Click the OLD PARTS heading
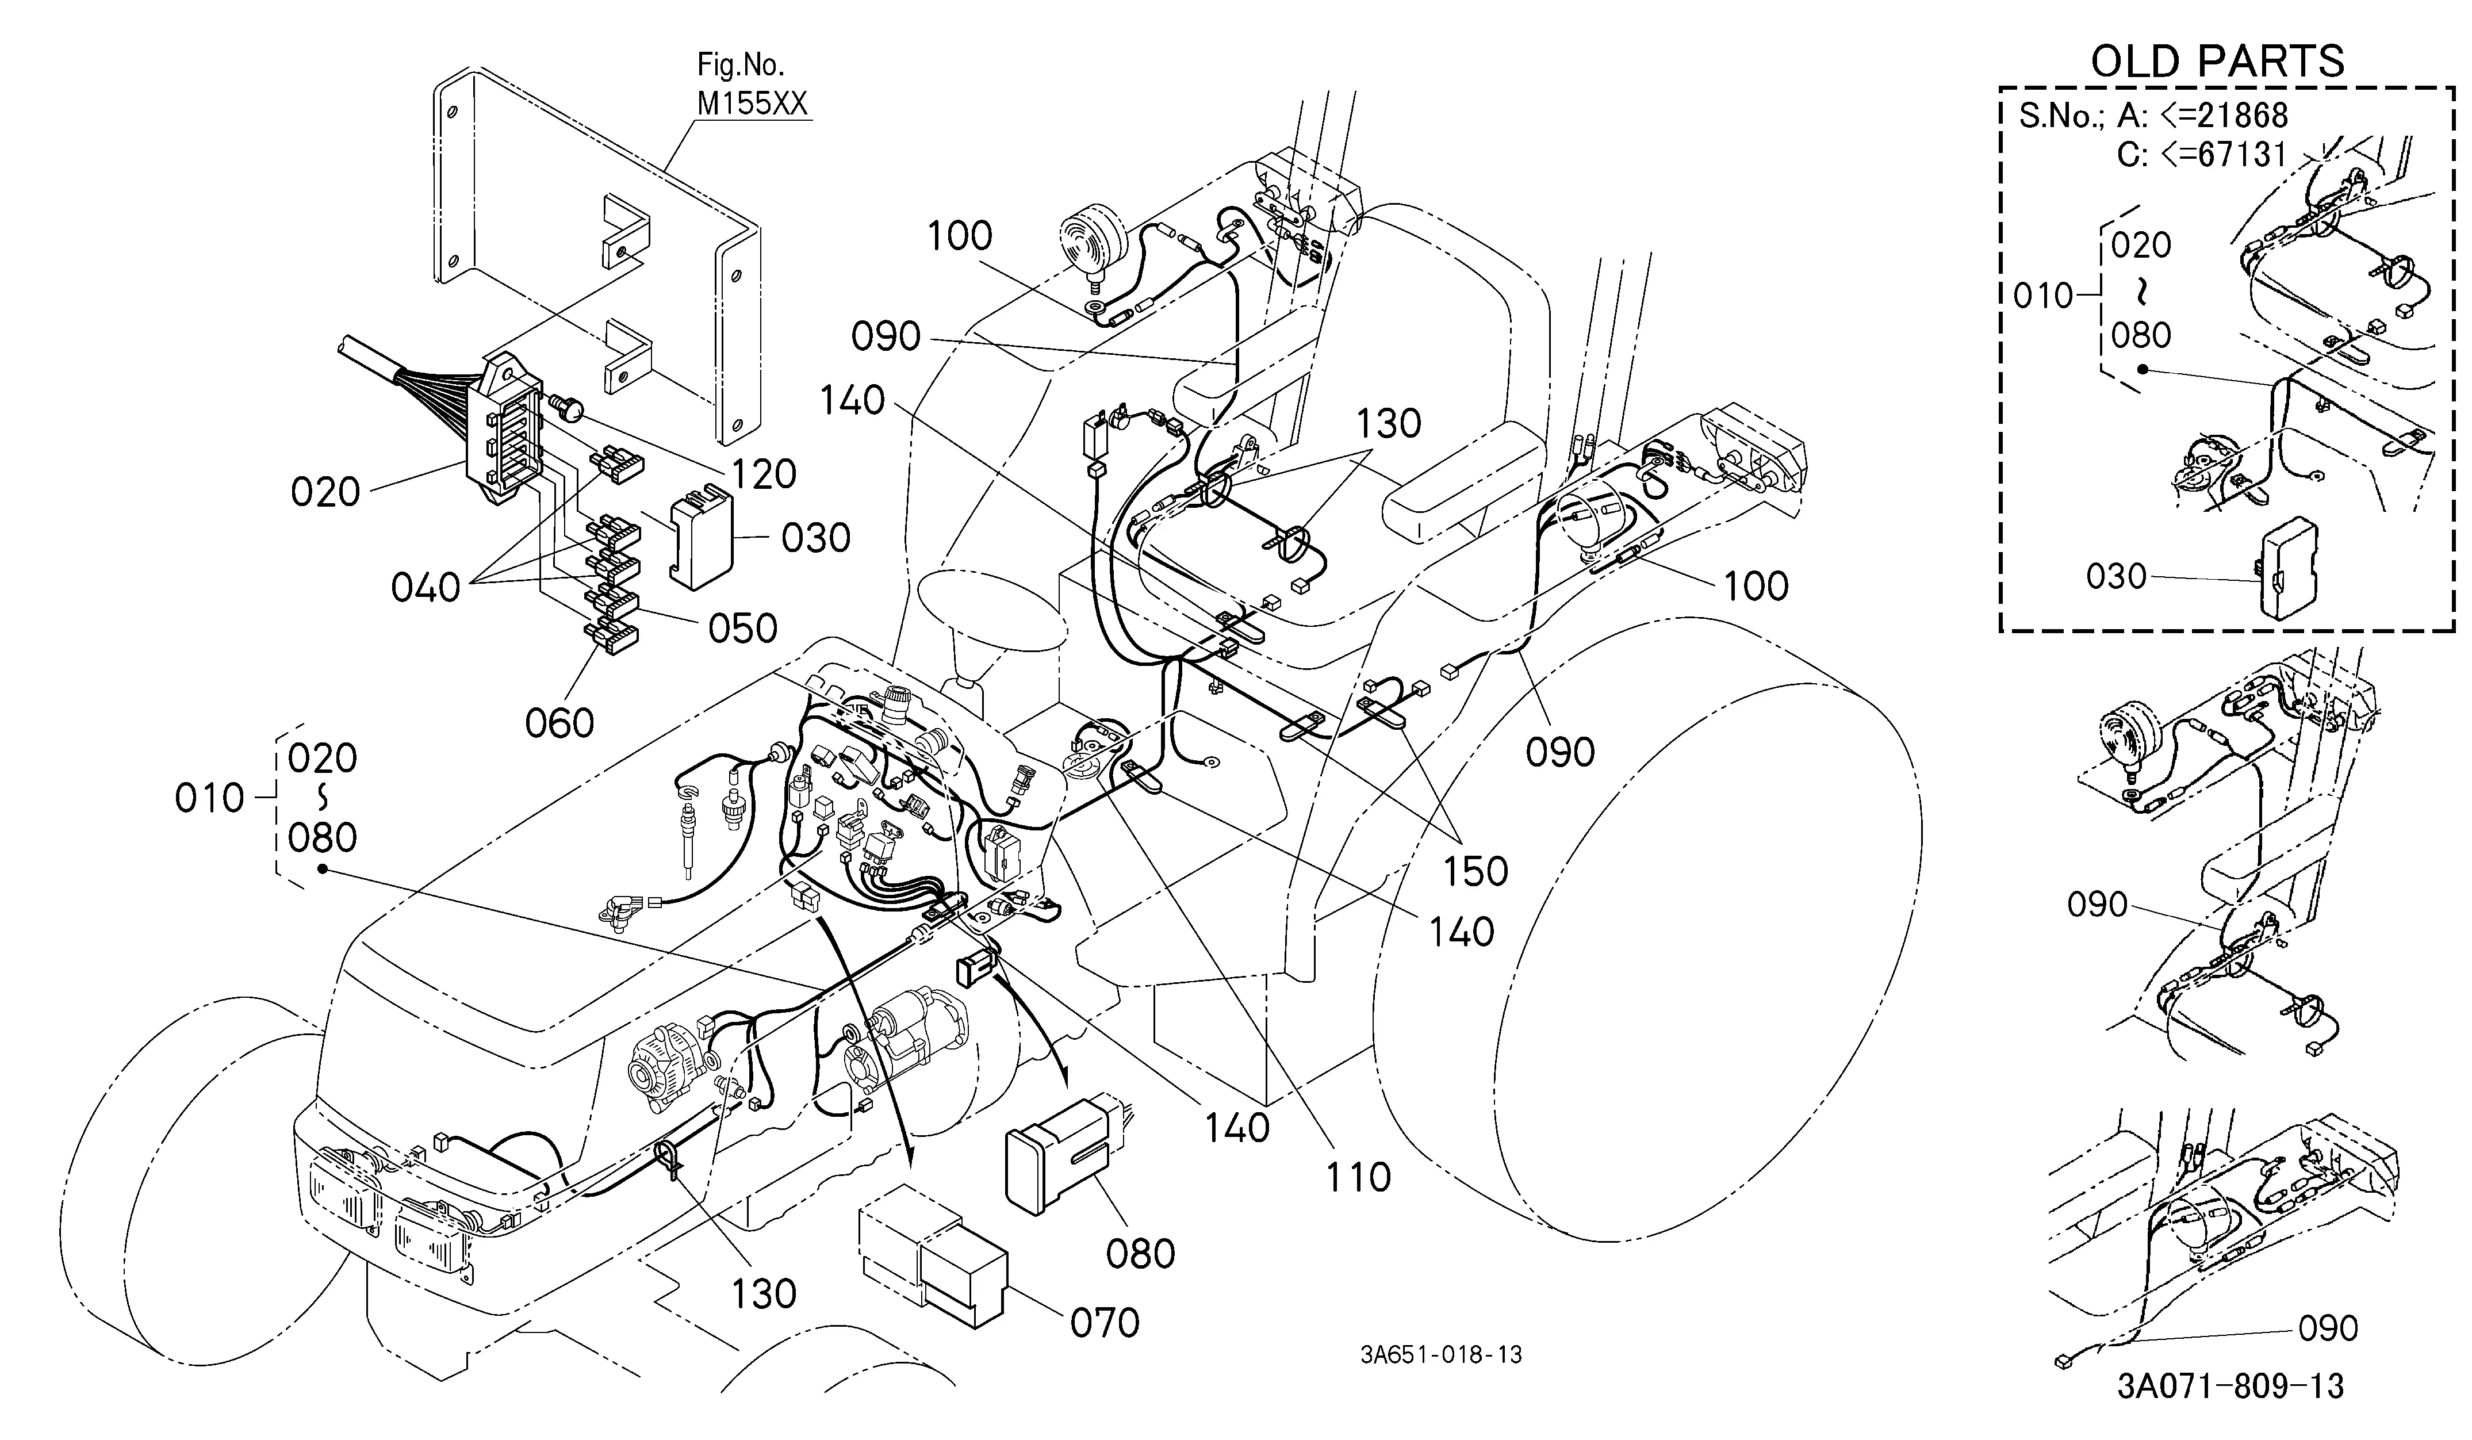pyautogui.click(x=2217, y=61)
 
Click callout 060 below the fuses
pyautogui.click(x=559, y=723)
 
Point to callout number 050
pyautogui.click(x=742, y=628)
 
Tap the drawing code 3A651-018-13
pyautogui.click(x=1441, y=1355)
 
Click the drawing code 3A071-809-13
pyautogui.click(x=2230, y=1386)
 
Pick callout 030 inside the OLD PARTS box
pyautogui.click(x=2117, y=576)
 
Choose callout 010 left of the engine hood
pyautogui.click(x=209, y=798)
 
